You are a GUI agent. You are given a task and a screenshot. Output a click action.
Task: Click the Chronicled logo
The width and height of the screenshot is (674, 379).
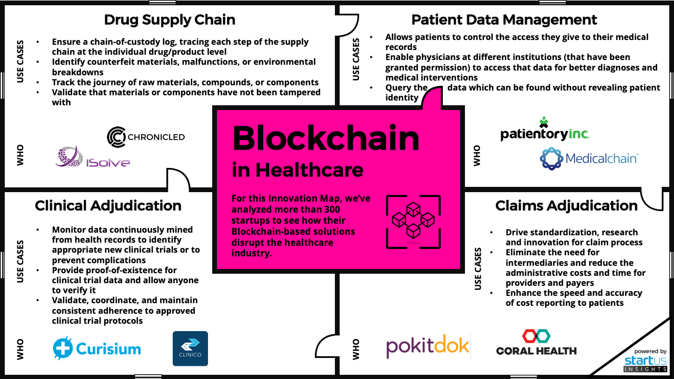[146, 137]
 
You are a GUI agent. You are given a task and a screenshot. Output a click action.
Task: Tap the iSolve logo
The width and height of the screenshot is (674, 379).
[93, 157]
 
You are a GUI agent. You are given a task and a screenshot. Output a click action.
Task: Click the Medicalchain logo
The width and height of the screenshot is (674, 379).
[589, 158]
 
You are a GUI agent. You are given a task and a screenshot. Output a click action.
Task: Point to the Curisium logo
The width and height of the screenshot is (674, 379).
[97, 348]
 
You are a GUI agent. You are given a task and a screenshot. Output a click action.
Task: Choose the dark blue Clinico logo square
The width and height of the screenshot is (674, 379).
[190, 348]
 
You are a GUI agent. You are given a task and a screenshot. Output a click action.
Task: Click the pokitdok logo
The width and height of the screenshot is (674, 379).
[428, 346]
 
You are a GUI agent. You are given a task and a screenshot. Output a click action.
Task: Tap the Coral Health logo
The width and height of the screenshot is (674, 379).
[536, 343]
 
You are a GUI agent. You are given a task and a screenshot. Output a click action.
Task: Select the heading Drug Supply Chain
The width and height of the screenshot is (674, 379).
[170, 20]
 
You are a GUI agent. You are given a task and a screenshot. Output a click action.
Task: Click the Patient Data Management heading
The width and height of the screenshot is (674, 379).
[504, 20]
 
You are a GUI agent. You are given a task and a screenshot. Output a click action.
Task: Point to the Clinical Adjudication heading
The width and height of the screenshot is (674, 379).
[108, 205]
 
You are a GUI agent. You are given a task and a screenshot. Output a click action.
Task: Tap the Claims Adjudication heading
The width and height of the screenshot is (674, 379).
[566, 205]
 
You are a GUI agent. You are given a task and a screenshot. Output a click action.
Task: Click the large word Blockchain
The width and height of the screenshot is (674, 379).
[325, 138]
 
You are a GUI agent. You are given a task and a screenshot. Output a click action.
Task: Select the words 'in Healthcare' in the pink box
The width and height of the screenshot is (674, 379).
[298, 170]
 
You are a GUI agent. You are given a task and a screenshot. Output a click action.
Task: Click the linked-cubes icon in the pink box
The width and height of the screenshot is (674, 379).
[413, 222]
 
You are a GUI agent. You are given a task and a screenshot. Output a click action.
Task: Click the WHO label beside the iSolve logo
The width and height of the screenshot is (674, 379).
[21, 156]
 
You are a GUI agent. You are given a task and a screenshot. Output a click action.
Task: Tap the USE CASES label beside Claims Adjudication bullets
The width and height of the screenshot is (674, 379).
[478, 268]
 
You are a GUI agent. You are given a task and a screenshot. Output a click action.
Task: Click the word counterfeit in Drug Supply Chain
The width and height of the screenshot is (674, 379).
[111, 62]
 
